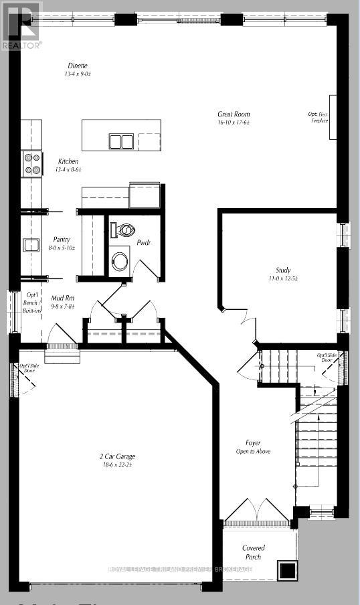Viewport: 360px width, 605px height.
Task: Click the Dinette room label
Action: click(78, 66)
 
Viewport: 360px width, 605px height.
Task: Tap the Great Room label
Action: click(234, 114)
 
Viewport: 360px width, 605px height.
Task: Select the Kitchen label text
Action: click(68, 161)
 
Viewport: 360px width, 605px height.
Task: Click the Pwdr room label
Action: click(143, 242)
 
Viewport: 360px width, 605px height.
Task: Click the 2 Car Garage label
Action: click(117, 456)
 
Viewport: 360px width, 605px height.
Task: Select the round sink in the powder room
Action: click(120, 260)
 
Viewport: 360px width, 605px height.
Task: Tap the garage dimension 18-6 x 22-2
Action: click(117, 464)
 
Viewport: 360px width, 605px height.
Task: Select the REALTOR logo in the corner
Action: click(21, 25)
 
